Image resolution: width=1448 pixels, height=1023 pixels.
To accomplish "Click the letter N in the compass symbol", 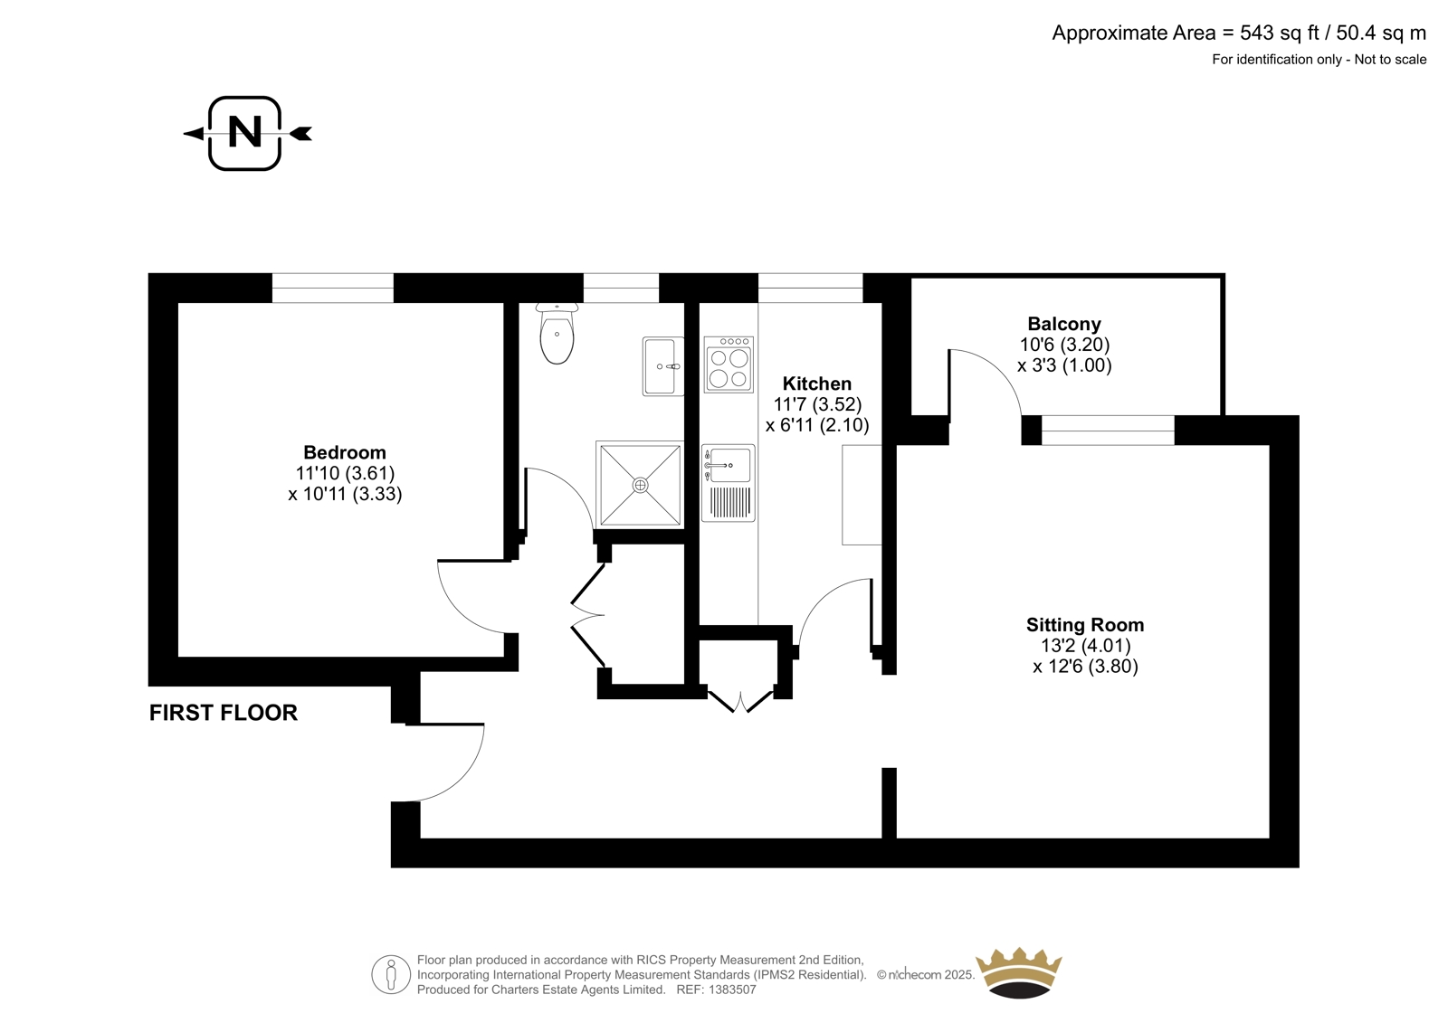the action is click(x=245, y=132).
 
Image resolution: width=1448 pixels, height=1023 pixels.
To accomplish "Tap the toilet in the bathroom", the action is click(x=556, y=333).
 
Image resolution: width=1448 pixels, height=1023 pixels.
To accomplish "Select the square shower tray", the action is click(x=639, y=484).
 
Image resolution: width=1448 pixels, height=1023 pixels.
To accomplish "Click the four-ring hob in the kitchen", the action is click(x=729, y=364).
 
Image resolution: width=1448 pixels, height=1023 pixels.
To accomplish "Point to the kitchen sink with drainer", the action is click(x=729, y=483).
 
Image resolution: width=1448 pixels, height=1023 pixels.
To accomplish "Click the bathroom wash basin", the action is click(x=663, y=365).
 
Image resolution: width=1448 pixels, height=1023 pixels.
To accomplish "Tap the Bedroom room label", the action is click(x=345, y=452).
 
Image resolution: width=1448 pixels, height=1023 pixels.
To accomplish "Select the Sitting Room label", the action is click(x=1085, y=625).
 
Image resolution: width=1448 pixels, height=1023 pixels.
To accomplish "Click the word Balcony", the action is click(x=1064, y=324).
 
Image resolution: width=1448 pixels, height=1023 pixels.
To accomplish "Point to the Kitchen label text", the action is click(x=817, y=384).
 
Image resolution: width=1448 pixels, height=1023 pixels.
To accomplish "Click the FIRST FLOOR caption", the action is click(x=223, y=713).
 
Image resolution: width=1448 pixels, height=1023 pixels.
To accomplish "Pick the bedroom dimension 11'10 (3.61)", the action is click(x=345, y=473).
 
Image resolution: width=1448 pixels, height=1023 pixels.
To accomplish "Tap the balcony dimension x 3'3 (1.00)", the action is click(x=1064, y=365).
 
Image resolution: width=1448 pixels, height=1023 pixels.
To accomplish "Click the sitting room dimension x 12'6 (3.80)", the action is click(x=1085, y=667).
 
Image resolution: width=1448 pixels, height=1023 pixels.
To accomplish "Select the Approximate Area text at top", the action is click(x=1239, y=33).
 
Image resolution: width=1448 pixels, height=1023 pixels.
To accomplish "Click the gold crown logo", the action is click(x=1018, y=972).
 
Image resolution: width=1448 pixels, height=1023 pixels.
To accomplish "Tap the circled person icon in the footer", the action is click(x=391, y=974).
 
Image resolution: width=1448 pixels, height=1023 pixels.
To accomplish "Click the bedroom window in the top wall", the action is click(x=332, y=288).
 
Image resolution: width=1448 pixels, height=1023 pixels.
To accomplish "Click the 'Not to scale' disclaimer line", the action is click(x=1390, y=60).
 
